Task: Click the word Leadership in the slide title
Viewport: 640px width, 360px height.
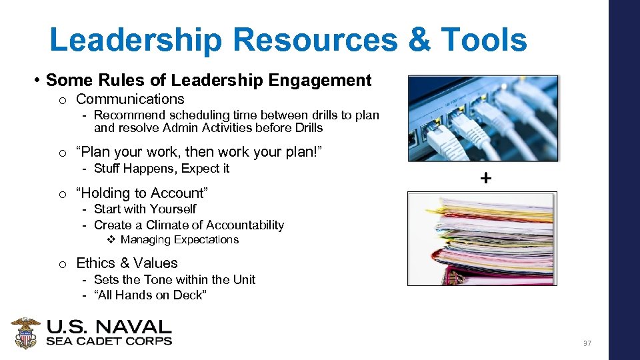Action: coord(135,39)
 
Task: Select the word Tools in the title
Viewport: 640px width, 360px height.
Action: coord(485,39)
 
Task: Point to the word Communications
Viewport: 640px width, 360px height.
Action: coord(130,99)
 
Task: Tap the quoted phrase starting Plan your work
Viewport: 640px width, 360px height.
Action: coord(199,152)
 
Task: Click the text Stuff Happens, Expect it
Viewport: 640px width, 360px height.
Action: coord(161,169)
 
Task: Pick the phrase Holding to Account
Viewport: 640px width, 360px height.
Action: coord(142,193)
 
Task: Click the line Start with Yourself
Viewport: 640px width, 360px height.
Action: coord(145,209)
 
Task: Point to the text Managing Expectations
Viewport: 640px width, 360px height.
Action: coord(179,240)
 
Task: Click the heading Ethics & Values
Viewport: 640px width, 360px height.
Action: coord(127,263)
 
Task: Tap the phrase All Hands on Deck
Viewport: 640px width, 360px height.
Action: coord(151,295)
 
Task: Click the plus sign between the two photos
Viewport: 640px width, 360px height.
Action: coord(486,178)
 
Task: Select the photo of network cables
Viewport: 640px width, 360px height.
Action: coord(483,118)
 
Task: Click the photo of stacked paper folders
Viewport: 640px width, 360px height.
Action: coord(482,239)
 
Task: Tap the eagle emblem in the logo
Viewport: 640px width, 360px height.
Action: coord(26,333)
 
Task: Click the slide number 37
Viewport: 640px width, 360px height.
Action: coord(587,343)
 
